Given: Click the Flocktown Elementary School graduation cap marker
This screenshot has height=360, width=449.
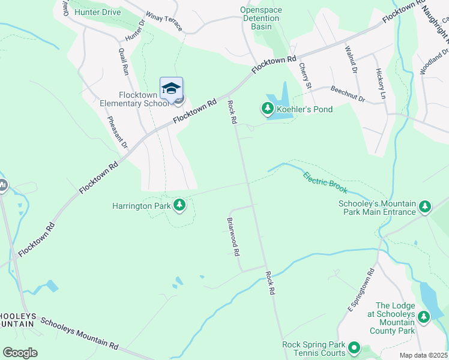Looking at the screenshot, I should click(171, 88).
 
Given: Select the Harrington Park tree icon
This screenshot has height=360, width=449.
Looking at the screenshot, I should click(179, 206).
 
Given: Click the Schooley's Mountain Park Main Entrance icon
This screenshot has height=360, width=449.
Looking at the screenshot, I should click(425, 207).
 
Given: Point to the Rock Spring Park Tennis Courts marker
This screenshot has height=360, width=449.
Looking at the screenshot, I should click(354, 347).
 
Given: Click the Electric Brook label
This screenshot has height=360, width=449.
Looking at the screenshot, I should click(325, 183).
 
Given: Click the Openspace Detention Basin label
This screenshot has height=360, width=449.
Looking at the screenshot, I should click(261, 18).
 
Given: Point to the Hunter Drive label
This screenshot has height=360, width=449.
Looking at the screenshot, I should click(98, 12).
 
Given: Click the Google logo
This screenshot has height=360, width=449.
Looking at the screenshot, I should click(20, 353).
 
